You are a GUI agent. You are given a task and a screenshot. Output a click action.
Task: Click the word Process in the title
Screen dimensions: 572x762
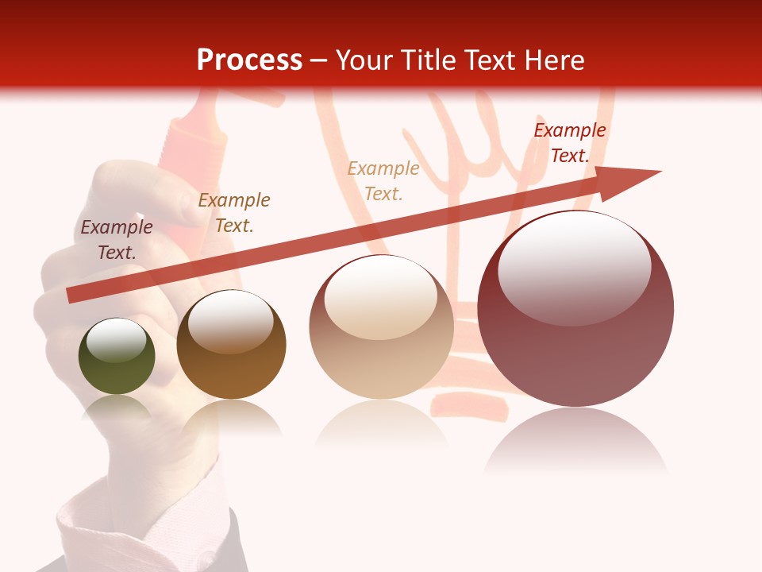point(249,60)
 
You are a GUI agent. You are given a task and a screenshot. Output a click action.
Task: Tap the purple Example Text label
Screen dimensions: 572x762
point(117,240)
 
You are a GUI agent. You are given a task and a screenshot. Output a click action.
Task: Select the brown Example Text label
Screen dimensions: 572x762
point(233,213)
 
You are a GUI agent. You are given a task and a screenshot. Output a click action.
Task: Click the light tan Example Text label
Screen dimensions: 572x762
point(383,181)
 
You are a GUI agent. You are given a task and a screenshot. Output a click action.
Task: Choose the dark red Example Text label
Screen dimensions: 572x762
point(569,143)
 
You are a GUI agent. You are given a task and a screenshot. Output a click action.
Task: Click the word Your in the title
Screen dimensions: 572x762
point(364,60)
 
